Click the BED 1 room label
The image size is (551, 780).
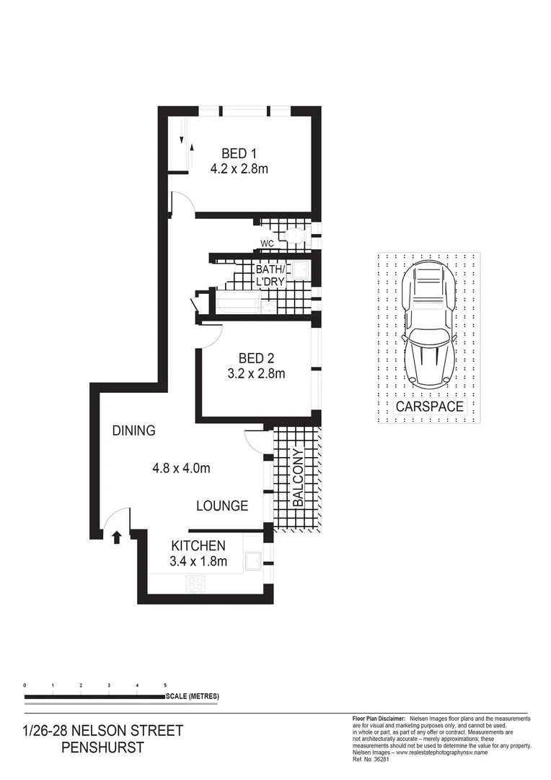[239, 153]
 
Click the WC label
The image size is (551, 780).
[267, 244]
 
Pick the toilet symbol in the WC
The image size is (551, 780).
[294, 235]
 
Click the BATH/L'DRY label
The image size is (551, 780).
[270, 274]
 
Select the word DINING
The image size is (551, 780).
[133, 431]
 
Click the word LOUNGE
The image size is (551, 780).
[222, 506]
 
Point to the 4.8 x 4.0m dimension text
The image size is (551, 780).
[181, 468]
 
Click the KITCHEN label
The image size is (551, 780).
[198, 546]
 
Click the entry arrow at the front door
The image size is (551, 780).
[116, 537]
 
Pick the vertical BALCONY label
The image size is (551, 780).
[297, 477]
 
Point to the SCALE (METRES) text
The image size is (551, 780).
[192, 697]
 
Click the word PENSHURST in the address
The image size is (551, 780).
[103, 747]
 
